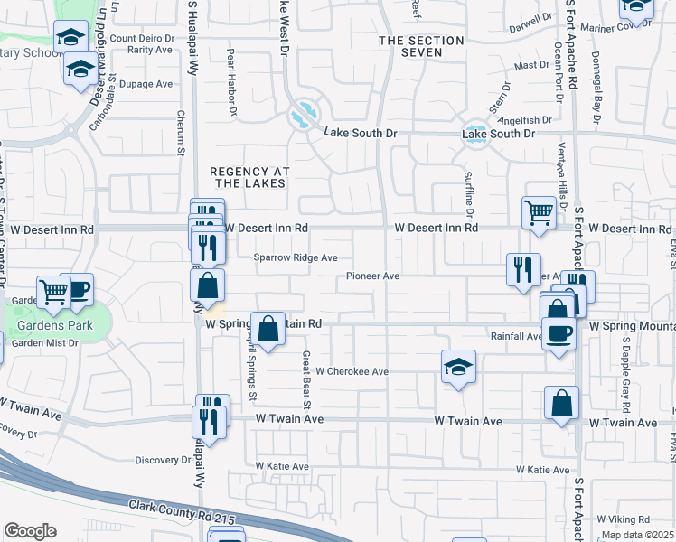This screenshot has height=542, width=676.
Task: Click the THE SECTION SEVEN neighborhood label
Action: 421,46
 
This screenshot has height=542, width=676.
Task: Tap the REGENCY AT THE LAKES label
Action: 248,177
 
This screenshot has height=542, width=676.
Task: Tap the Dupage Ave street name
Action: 146,84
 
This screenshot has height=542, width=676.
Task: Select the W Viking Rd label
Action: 624,519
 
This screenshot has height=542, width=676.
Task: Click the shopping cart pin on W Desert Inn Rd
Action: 539,213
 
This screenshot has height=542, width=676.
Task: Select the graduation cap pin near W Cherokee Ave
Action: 459,367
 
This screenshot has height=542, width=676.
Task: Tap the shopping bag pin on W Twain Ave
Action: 562,403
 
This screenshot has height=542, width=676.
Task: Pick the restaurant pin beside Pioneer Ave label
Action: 523,269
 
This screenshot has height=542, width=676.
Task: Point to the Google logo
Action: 30,530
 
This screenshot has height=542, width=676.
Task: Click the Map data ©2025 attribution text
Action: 636,535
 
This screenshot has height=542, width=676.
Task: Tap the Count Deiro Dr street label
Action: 142,38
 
